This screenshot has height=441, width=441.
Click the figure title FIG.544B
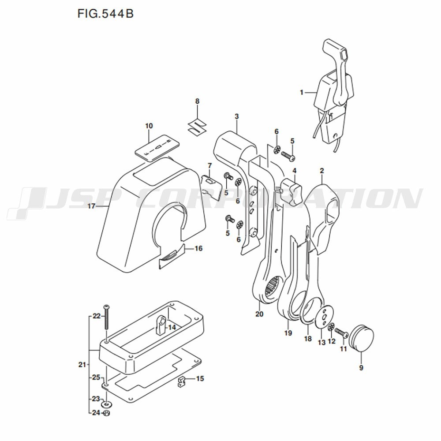pyautogui.click(x=105, y=14)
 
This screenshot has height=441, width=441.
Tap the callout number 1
pyautogui.click(x=302, y=92)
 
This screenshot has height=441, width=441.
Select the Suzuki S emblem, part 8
pyautogui.click(x=197, y=126)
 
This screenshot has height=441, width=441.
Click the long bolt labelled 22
pyautogui.click(x=106, y=317)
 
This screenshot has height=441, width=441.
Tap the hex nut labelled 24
pyautogui.click(x=106, y=413)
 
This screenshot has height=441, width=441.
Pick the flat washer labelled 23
pyautogui.click(x=106, y=404)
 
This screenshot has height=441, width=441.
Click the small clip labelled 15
pyautogui.click(x=182, y=382)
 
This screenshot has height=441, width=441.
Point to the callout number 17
pyautogui.click(x=91, y=206)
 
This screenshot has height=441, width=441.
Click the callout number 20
pyautogui.click(x=259, y=314)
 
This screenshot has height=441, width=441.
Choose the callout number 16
pyautogui.click(x=198, y=248)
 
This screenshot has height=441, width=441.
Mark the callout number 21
pyautogui.click(x=82, y=365)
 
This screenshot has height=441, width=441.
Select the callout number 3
pyautogui.click(x=236, y=116)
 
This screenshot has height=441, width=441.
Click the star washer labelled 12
pyautogui.click(x=332, y=327)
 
